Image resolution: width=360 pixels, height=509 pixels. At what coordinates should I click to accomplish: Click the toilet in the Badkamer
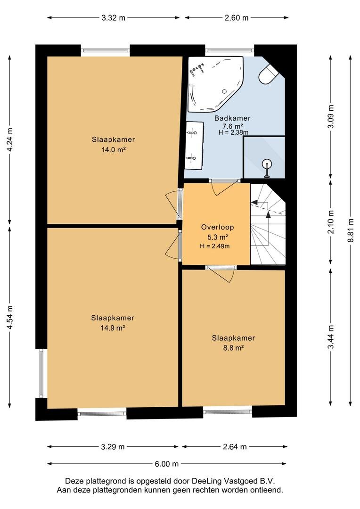(268, 74)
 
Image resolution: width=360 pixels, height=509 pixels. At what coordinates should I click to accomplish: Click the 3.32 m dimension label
(113, 18)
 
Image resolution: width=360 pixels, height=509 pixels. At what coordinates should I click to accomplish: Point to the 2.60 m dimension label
(237, 18)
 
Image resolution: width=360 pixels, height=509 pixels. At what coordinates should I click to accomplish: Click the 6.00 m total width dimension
(166, 464)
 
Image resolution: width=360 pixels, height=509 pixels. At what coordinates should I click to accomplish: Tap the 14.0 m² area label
(114, 150)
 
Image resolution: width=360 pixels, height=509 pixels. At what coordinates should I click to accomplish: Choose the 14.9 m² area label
(113, 328)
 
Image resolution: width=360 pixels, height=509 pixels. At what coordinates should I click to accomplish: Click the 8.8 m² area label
(233, 348)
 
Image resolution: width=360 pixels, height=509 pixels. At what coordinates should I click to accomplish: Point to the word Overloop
(217, 227)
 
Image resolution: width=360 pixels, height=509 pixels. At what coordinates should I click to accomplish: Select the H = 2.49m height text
(215, 246)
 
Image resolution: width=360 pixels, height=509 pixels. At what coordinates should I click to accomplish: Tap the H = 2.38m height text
(233, 132)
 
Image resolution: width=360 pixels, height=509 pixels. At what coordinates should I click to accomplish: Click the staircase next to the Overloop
(268, 224)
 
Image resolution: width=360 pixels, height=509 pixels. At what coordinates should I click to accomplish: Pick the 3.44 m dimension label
(331, 337)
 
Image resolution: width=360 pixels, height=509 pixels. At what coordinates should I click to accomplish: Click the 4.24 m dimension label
(10, 140)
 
